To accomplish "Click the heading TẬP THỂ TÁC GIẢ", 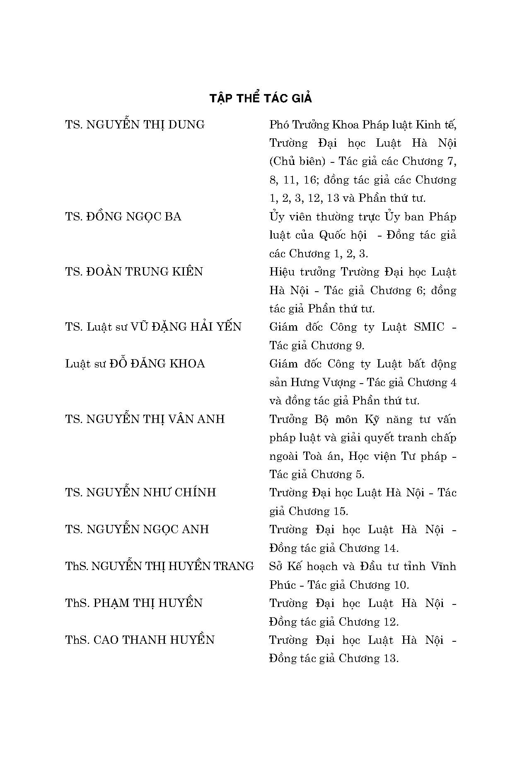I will tap(261, 99).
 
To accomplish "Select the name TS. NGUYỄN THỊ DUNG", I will tap(135, 125).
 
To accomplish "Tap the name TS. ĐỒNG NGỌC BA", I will tap(123, 217).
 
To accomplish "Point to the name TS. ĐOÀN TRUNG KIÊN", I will tap(134, 272).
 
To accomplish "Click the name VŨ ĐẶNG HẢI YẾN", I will tap(186, 327).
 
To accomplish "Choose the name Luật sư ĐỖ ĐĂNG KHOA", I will tap(135, 364).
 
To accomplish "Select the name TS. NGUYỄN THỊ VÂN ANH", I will tap(145, 419).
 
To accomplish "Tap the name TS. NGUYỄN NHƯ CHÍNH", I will tap(140, 493).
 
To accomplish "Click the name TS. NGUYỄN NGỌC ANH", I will tap(137, 529).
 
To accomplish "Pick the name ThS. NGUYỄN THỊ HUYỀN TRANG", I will tap(159, 566).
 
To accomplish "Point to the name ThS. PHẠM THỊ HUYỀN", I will tap(133, 603).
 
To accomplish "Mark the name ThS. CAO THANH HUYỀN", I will tap(140, 640).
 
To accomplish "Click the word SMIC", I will tap(429, 327).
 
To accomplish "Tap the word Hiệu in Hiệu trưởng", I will tap(282, 272).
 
